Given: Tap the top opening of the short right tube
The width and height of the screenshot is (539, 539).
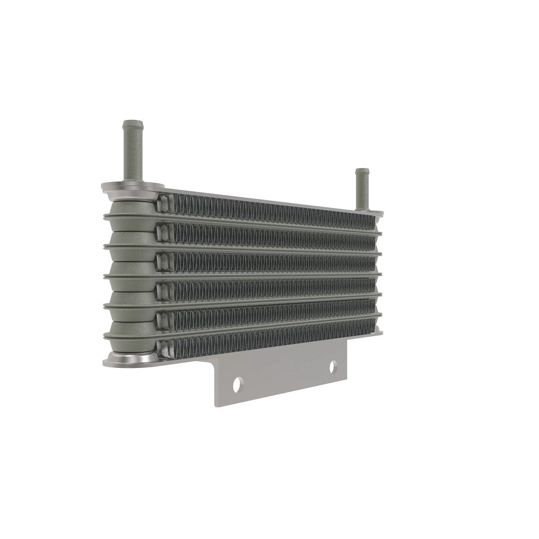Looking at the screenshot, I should tap(362, 171).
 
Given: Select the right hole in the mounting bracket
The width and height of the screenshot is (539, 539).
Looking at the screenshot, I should tap(333, 367).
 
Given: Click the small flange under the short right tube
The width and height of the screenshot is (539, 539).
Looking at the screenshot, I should tap(373, 212).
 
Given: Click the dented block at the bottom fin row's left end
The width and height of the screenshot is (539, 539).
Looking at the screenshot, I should tap(163, 346).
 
